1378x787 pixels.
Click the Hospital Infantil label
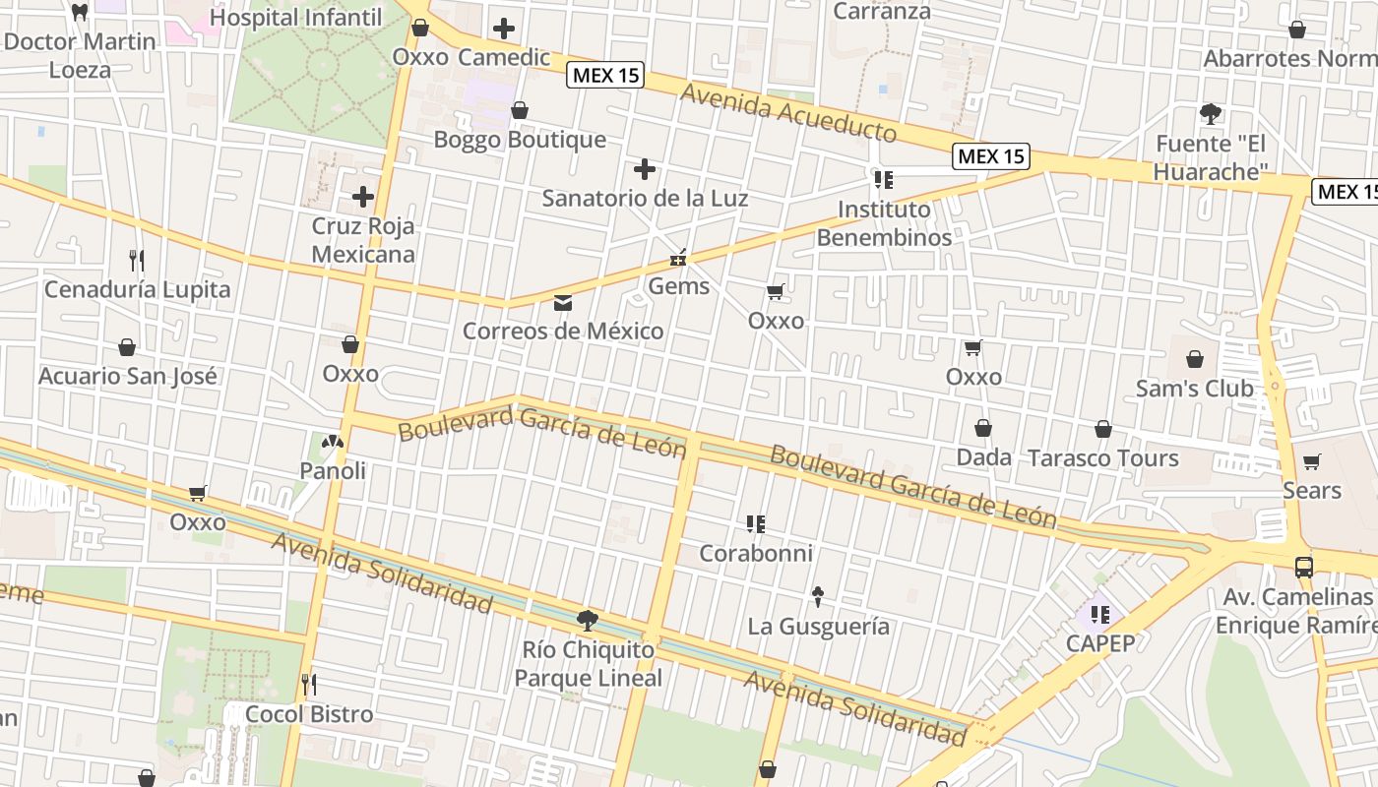click(295, 17)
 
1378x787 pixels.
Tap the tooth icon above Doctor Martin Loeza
click(81, 13)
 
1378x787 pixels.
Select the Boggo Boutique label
click(520, 140)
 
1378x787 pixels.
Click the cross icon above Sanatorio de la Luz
click(645, 169)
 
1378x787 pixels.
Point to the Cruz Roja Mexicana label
click(363, 240)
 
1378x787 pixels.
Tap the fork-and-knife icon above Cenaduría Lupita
click(137, 261)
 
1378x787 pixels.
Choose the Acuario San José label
click(127, 376)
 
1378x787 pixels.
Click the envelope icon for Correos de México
click(563, 303)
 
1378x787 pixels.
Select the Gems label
click(678, 286)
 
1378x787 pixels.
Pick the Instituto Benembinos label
click(884, 223)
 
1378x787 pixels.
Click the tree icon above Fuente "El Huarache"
click(1211, 114)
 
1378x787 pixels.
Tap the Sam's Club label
click(1195, 389)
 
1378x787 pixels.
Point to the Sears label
click(1311, 490)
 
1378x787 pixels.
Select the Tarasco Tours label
click(1102, 458)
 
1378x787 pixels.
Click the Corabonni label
click(756, 553)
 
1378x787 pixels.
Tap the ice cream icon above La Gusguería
click(817, 596)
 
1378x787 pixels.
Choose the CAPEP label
click(1100, 643)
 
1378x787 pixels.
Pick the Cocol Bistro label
click(309, 714)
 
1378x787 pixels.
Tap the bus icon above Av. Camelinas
click(1304, 567)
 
